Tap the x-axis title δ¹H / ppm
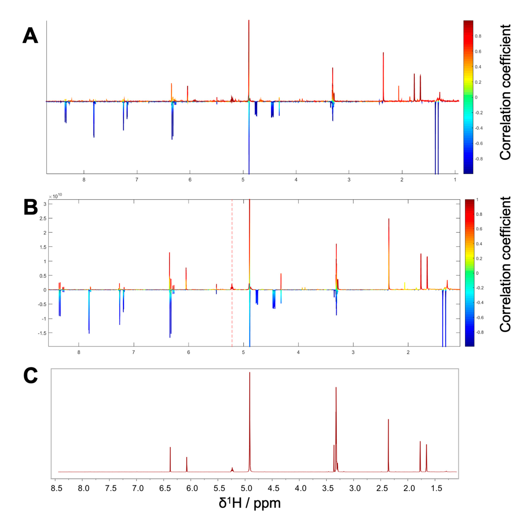tap(250, 503)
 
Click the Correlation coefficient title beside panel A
tap(505, 92)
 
